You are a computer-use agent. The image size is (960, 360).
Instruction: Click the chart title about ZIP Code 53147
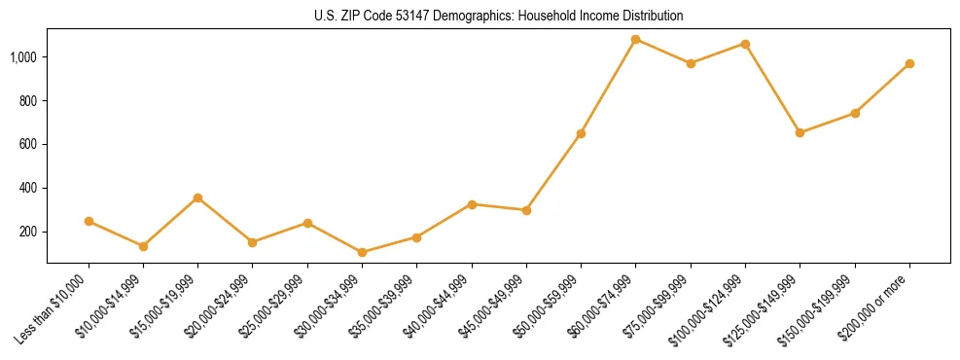[x=498, y=16]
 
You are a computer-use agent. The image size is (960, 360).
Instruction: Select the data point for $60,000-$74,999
[x=636, y=39]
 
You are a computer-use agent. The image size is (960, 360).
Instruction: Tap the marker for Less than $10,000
[x=89, y=221]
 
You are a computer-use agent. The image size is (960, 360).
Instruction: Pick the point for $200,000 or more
[x=909, y=63]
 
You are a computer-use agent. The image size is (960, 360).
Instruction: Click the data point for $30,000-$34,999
[x=362, y=252]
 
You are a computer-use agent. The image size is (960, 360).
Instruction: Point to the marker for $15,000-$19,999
[x=197, y=198]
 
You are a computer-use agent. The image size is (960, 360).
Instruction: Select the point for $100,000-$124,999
[x=745, y=44]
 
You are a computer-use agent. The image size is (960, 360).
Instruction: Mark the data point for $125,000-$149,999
[x=800, y=132]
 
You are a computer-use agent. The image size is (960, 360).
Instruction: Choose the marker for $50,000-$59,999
[x=581, y=133]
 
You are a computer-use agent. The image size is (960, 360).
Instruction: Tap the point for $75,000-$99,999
[x=691, y=63]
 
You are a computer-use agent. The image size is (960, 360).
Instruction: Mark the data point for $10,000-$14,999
[x=143, y=246]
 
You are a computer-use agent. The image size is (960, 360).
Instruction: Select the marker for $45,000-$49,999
[x=526, y=210]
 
